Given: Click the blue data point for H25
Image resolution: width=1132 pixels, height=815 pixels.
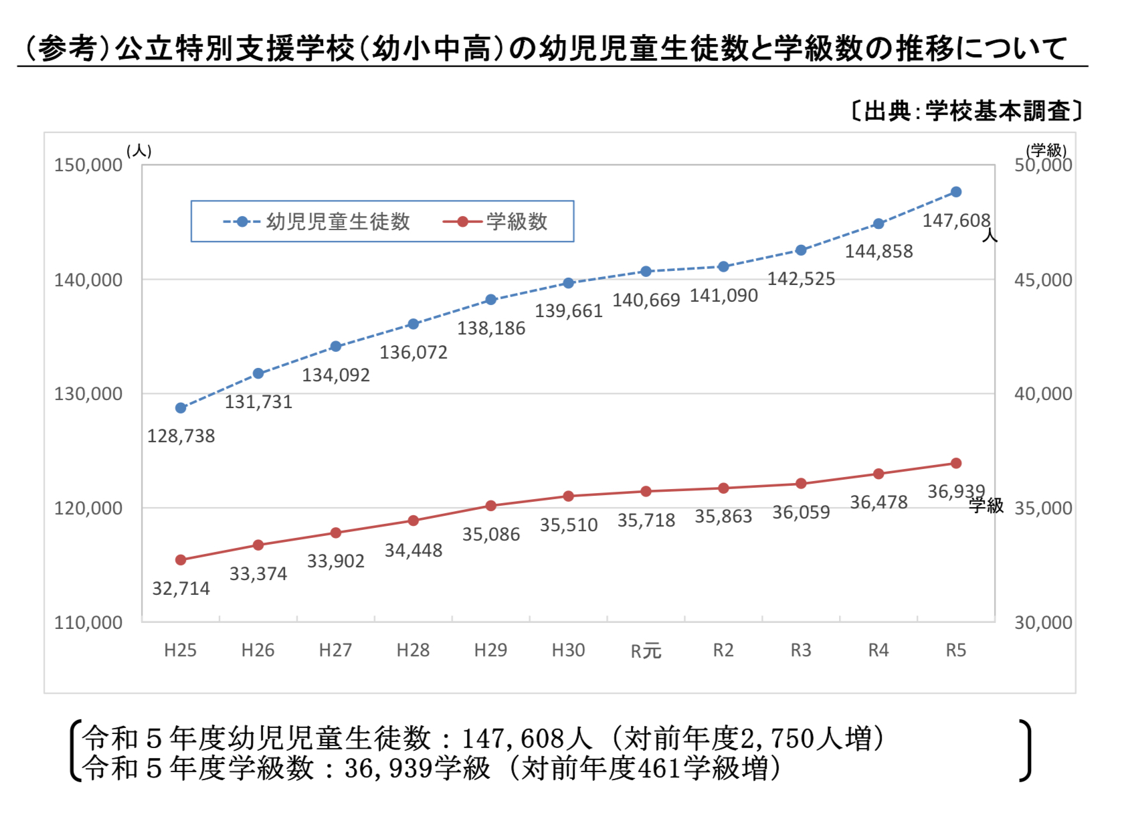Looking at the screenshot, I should (181, 408).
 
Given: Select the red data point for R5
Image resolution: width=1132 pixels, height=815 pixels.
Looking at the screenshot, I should (956, 464).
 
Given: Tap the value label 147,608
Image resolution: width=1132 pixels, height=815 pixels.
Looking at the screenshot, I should (956, 221).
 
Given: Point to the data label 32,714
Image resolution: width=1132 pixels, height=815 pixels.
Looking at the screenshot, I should (181, 589).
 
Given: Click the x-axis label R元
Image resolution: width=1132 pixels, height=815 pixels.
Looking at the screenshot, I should (646, 650).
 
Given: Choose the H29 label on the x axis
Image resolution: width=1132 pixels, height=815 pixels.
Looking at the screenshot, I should (490, 650).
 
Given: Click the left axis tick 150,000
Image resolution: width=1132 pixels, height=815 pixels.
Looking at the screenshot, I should (88, 165).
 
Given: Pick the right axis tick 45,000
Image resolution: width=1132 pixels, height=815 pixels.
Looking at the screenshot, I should (1043, 280).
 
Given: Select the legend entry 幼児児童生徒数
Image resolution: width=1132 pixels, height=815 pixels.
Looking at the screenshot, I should (337, 221).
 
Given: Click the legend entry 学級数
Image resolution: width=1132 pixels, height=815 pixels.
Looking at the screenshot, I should (516, 221).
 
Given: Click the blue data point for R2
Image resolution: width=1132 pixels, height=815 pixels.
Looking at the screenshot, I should (723, 267).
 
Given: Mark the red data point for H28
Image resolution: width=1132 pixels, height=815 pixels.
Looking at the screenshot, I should (413, 521).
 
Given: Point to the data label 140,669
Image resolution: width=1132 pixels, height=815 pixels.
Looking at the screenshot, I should (646, 300).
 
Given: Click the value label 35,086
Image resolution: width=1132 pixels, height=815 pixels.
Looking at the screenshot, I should (491, 535).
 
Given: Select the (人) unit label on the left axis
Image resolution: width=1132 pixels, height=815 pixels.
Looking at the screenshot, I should (139, 151).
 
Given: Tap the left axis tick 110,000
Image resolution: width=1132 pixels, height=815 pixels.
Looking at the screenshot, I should (88, 623).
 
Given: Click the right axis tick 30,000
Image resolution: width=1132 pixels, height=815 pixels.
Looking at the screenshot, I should (1043, 623).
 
